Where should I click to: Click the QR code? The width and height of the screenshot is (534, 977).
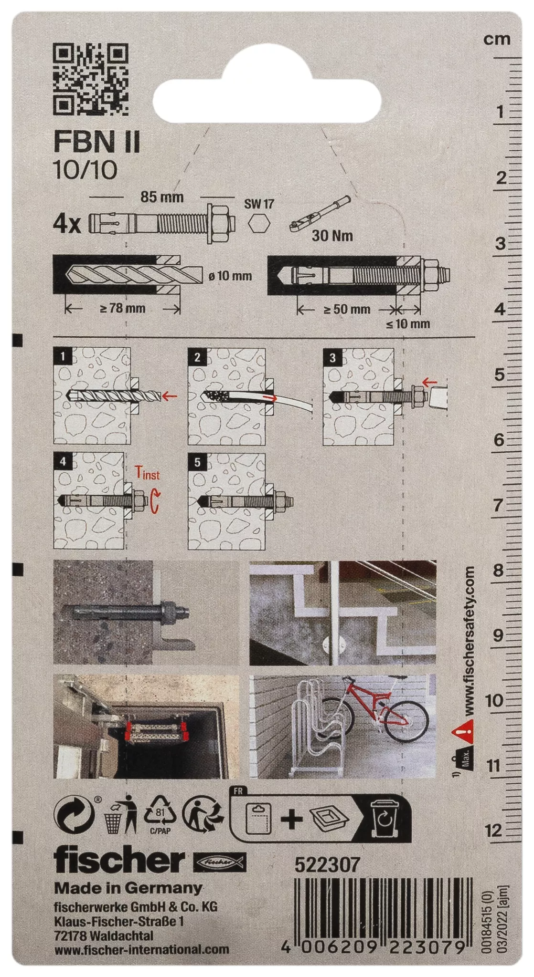pyautogui.click(x=91, y=80)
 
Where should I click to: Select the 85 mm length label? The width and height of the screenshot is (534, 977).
pyautogui.click(x=162, y=197)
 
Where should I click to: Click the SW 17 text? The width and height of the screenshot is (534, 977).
pyautogui.click(x=259, y=204)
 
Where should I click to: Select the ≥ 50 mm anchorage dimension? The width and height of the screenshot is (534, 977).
pyautogui.click(x=347, y=309)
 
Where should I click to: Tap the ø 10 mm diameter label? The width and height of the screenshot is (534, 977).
pyautogui.click(x=230, y=276)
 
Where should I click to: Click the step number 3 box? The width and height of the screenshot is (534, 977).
pyautogui.click(x=332, y=357)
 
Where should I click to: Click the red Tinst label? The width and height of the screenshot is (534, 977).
pyautogui.click(x=147, y=473)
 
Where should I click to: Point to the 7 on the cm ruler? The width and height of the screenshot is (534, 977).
pyautogui.click(x=498, y=504)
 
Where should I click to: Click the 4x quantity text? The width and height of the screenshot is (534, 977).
pyautogui.click(x=67, y=223)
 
